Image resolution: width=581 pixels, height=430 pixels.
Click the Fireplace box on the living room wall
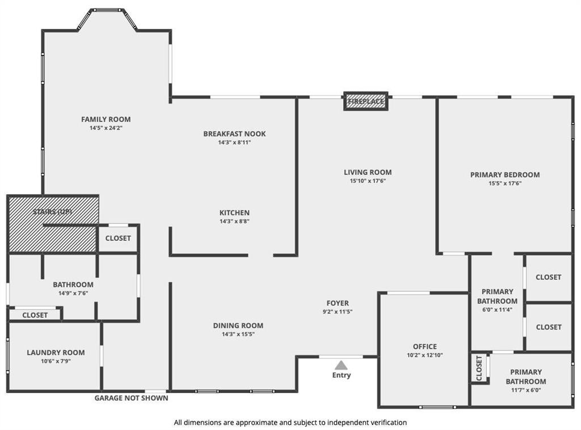[x=366, y=101]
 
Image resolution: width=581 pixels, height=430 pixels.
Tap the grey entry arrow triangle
[x=341, y=365]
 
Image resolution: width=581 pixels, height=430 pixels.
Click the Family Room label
[x=106, y=119]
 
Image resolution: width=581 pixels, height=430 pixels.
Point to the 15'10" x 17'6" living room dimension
[x=368, y=181]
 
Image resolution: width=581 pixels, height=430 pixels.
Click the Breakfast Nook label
[x=234, y=134]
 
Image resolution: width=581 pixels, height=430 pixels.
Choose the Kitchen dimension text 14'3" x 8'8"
[x=234, y=221]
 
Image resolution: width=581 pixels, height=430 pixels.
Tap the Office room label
[x=424, y=346]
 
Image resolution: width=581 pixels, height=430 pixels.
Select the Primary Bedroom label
[x=505, y=175]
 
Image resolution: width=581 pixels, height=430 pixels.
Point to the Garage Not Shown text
[x=131, y=398]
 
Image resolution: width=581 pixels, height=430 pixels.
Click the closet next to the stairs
[x=118, y=239]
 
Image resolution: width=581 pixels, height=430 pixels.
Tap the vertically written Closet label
[x=479, y=368]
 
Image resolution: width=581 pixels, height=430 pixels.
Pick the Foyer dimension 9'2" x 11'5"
[x=338, y=312]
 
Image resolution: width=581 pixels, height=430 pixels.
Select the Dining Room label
[x=238, y=325]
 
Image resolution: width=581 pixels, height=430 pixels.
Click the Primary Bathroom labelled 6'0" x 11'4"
[x=497, y=296]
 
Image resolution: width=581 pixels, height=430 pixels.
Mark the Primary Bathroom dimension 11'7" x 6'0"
[x=525, y=390]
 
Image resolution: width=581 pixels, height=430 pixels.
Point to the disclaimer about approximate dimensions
[x=290, y=423]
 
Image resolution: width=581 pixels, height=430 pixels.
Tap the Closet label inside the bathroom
[x=35, y=315]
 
